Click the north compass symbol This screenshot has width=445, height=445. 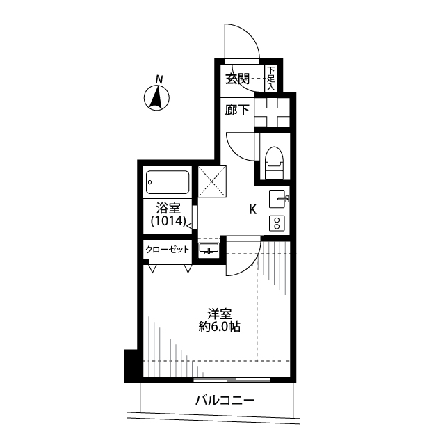click(156, 98)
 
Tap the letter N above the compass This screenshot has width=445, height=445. click(159, 79)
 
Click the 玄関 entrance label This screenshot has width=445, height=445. click(238, 79)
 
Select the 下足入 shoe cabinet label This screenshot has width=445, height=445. click(271, 79)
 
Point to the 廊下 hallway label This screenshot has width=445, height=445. click(237, 110)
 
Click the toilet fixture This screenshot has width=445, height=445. click(274, 163)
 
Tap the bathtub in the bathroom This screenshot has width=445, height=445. click(168, 182)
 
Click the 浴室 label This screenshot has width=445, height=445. click(168, 209)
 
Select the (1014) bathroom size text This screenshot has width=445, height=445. click(168, 221)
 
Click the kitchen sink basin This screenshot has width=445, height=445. click(277, 199)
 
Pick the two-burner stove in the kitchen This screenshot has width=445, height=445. click(277, 222)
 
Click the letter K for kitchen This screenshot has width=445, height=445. click(252, 210)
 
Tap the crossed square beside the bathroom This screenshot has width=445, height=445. click(212, 181)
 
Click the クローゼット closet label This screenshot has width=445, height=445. click(168, 250)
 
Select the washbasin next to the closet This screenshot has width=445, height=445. click(209, 249)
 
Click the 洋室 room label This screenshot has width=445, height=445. click(220, 314)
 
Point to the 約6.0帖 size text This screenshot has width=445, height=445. click(220, 327)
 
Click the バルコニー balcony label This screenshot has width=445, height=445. click(225, 400)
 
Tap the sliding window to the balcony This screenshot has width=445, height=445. click(232, 380)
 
